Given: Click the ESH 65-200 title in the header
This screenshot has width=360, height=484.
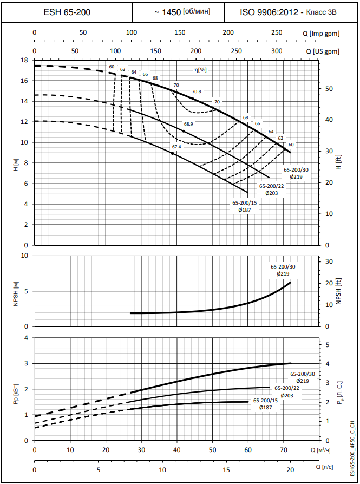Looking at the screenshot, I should pyautogui.click(x=66, y=11).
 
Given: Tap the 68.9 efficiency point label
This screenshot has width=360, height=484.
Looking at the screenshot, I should pyautogui.click(x=188, y=124).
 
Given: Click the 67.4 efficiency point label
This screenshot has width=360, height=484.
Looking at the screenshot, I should pyautogui.click(x=176, y=147).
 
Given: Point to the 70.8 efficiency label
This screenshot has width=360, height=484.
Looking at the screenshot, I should pyautogui.click(x=196, y=91).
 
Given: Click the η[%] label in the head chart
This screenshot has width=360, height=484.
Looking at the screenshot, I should pyautogui.click(x=201, y=69).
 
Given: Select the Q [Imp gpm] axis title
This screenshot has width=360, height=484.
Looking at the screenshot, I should pyautogui.click(x=322, y=34).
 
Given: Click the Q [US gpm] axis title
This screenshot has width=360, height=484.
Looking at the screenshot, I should pyautogui.click(x=323, y=51).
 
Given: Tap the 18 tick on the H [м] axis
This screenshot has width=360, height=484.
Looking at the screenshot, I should pyautogui.click(x=24, y=60).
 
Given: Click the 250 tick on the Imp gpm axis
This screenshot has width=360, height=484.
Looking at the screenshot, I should pyautogui.click(x=277, y=33).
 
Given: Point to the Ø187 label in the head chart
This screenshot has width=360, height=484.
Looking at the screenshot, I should pyautogui.click(x=245, y=210).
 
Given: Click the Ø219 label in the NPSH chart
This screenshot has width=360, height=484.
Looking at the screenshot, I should pyautogui.click(x=283, y=274).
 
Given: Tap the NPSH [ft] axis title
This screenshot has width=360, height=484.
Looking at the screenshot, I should pyautogui.click(x=338, y=290).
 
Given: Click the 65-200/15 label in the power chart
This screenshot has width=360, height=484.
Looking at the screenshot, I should pyautogui.click(x=265, y=400).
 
